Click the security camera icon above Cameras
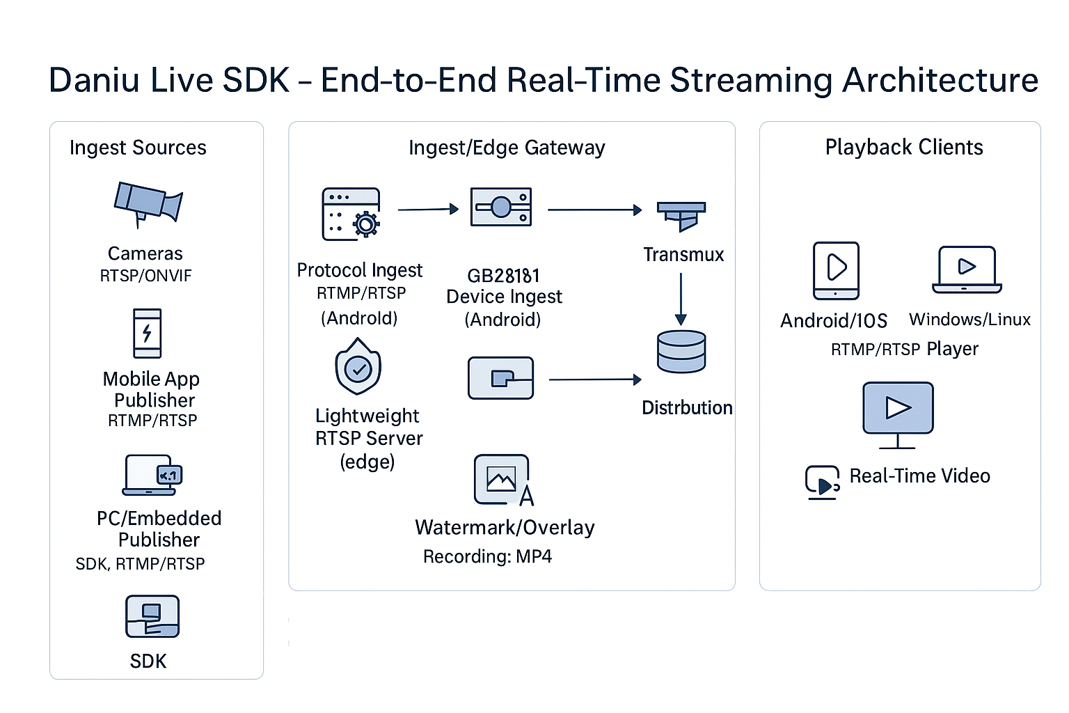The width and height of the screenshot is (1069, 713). click(148, 205)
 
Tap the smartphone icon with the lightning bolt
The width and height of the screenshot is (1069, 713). click(147, 334)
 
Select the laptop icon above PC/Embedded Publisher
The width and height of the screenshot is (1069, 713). click(152, 475)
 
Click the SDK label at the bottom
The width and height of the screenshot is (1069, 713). click(148, 661)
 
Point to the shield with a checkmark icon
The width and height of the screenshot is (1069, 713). click(358, 366)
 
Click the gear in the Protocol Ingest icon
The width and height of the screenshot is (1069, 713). click(366, 224)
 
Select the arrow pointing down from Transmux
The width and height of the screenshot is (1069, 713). click(681, 299)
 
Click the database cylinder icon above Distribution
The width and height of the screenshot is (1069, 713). click(681, 352)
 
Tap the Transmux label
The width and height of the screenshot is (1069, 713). click(683, 255)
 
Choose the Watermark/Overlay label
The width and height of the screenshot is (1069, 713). click(505, 528)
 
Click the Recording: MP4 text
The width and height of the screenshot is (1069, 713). click(487, 556)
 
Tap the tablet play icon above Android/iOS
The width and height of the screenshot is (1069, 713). click(836, 271)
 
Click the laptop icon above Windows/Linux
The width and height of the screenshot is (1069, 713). click(967, 270)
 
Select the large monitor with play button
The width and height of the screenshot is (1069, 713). click(898, 415)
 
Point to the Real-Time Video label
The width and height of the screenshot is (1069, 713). click(919, 476)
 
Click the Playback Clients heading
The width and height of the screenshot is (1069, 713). click(904, 147)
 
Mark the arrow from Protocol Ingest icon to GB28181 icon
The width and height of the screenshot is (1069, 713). click(428, 209)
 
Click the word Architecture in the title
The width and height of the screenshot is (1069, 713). click(940, 80)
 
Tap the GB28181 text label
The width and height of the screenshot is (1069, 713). click(503, 276)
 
